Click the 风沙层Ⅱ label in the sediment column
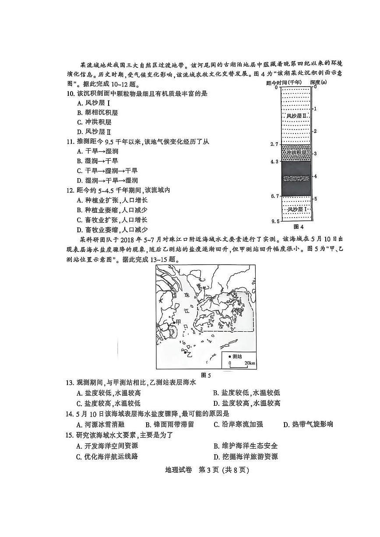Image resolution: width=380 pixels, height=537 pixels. click(296, 116)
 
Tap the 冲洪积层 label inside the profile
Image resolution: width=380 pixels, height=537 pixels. click(296, 153)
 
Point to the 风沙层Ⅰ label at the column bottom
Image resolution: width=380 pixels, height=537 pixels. click(296, 209)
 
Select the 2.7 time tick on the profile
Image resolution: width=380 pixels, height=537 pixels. click(274, 144)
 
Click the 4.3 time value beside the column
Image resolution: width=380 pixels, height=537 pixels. click(274, 161)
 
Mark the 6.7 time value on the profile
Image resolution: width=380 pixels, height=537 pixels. click(274, 196)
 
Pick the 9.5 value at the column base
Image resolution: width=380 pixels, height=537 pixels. click(274, 222)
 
